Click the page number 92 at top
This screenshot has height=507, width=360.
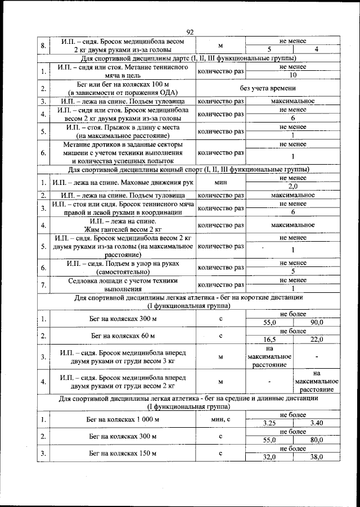click(190, 33)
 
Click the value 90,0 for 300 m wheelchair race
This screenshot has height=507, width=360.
click(316, 323)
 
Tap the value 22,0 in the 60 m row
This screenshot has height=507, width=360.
click(316, 339)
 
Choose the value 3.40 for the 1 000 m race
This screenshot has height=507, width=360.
click(316, 422)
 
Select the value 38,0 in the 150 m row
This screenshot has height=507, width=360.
click(316, 457)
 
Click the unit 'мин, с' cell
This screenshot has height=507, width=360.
click(220, 419)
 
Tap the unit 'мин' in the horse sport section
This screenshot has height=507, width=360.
click(220, 183)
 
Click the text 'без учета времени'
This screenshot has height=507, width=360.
click(268, 88)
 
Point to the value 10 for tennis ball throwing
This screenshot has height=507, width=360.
click(292, 75)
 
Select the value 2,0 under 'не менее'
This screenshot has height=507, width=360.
click(292, 187)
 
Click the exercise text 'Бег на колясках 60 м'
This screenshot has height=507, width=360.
click(123, 336)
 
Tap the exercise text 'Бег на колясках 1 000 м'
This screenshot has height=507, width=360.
click(123, 419)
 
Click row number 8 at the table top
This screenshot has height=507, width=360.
click(43, 45)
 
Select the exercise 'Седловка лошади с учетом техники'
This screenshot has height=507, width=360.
click(123, 280)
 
